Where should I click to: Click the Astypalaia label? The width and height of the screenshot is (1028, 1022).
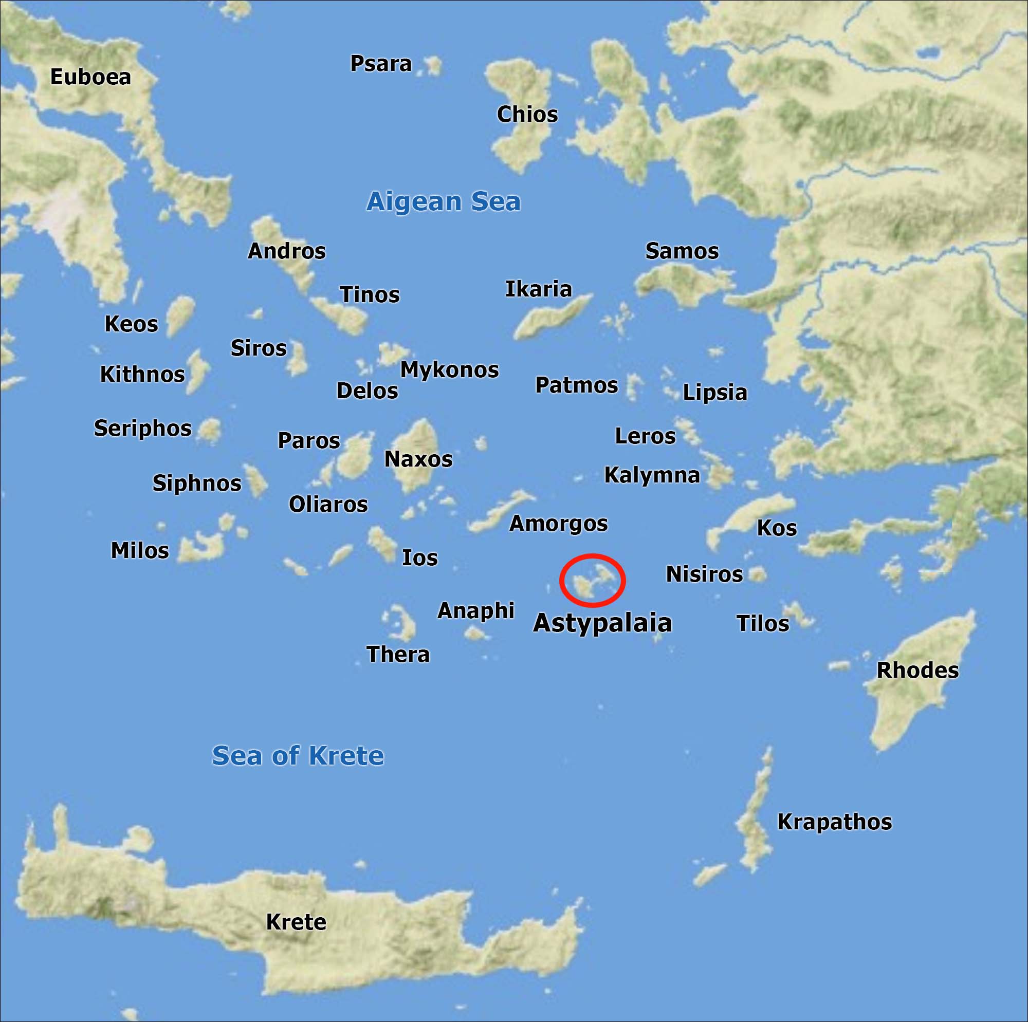pos(602,622)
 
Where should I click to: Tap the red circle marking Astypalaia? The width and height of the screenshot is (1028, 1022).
pos(592,580)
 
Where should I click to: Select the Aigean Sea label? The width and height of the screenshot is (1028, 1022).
pos(443,201)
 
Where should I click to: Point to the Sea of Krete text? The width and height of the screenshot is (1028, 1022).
pos(298,755)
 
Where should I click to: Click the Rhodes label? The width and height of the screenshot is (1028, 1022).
pos(917,671)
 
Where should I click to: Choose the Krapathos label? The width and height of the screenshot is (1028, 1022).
pos(834,822)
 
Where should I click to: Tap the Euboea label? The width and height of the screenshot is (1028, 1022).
pos(90,77)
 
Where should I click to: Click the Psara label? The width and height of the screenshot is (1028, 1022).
pos(380,64)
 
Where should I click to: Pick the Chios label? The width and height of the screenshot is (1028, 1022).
pos(527,115)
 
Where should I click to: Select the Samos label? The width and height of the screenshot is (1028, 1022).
pos(682,251)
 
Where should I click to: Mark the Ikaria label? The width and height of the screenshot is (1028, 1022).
pos(538,289)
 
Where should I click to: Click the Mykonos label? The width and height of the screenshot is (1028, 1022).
pos(449,370)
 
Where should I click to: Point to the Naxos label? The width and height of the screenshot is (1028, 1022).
pos(418,459)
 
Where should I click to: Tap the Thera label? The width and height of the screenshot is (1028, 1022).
pos(398,655)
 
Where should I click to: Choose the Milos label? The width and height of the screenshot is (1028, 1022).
pos(139,551)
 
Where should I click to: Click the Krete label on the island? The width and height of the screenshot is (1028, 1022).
pos(296,922)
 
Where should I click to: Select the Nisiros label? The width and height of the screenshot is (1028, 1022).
pos(704,574)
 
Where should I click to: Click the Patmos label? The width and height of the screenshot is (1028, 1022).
pos(576,385)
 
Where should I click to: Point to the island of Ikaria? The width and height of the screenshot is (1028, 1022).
pos(550,319)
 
